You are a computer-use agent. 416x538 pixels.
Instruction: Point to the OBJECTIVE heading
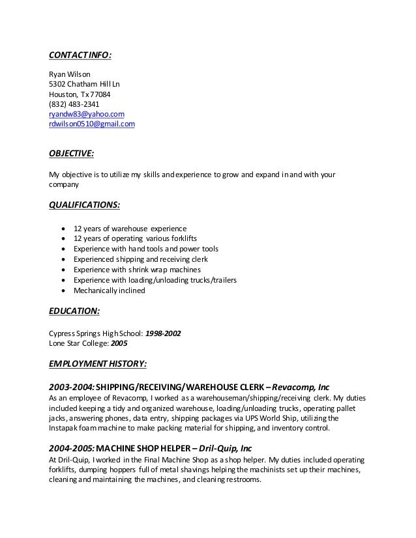72,154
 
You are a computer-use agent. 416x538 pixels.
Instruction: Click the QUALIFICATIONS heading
85,205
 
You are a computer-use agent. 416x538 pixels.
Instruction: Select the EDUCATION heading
74,311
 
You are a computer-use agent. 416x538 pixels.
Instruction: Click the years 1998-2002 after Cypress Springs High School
163,333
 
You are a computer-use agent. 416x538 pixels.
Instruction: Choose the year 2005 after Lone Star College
119,343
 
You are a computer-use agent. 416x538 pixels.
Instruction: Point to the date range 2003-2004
72,386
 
